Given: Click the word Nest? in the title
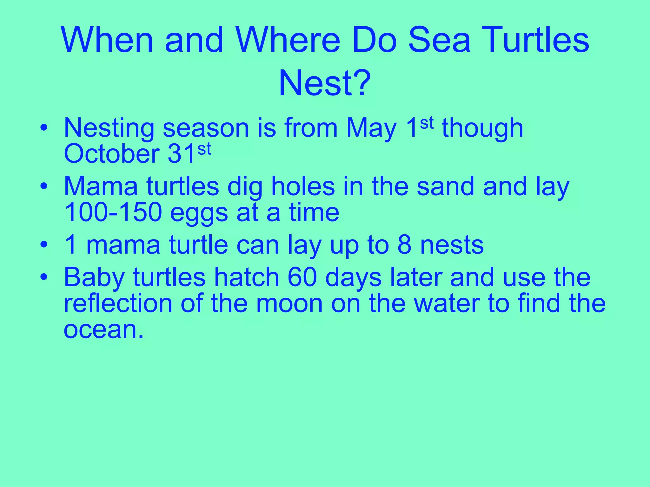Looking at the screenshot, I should coord(324,83).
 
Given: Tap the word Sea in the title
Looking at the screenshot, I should coord(439,40).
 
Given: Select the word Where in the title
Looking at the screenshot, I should coord(287,40).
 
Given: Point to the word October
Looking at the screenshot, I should coord(111,154).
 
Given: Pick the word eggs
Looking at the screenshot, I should coord(199,214).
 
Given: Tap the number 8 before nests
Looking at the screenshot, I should coord(404,245).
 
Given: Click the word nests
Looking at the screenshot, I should coord(452,246).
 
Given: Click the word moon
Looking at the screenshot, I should coord(289,304).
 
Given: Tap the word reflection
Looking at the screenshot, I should coord(118,303).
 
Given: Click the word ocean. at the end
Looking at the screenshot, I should coord(104,330).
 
